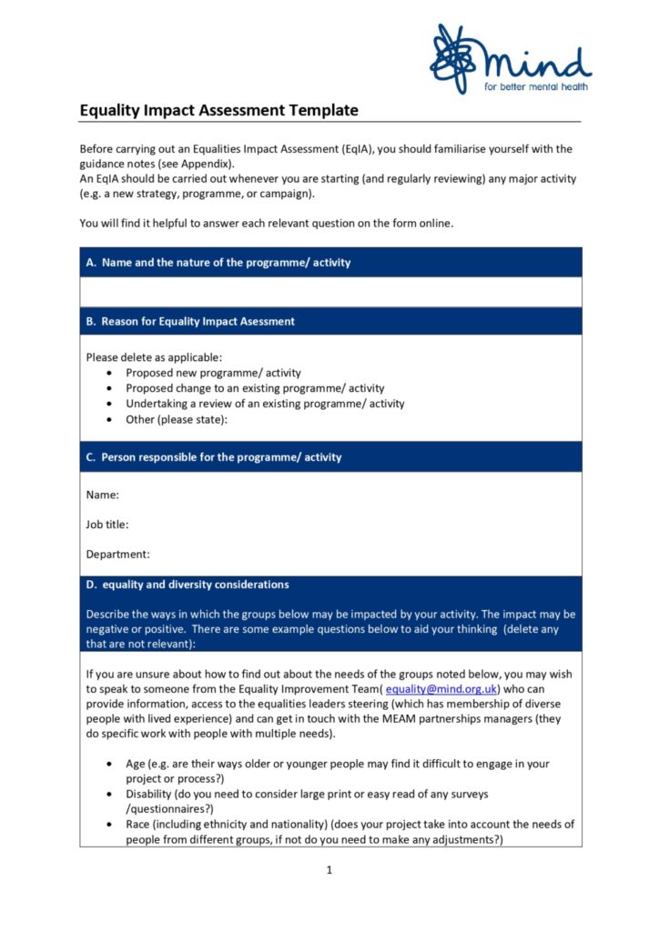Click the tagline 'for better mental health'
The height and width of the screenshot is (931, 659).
pyautogui.click(x=535, y=87)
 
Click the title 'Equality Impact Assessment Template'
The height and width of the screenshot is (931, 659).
pyautogui.click(x=218, y=111)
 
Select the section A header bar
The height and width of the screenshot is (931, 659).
pyautogui.click(x=330, y=263)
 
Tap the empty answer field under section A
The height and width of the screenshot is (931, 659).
pyautogui.click(x=330, y=292)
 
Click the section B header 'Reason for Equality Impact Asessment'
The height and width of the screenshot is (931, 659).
pyautogui.click(x=198, y=322)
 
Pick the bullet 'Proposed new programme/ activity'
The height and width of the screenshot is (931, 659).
pyautogui.click(x=213, y=373)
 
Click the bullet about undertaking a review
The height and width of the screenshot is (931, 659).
pyautogui.click(x=265, y=404)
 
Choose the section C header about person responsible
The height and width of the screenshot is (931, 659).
pyautogui.click(x=221, y=457)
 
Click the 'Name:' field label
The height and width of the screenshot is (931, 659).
pyautogui.click(x=103, y=496)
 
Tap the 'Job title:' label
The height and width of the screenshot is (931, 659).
pyautogui.click(x=107, y=525)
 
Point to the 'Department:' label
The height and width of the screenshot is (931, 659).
pyautogui.click(x=118, y=554)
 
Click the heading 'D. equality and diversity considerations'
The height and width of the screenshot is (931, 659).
pyautogui.click(x=195, y=585)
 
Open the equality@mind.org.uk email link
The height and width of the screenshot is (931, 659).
pyautogui.click(x=441, y=689)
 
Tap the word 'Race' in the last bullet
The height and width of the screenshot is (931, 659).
pyautogui.click(x=139, y=825)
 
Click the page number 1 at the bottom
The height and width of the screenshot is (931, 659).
pyautogui.click(x=329, y=870)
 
